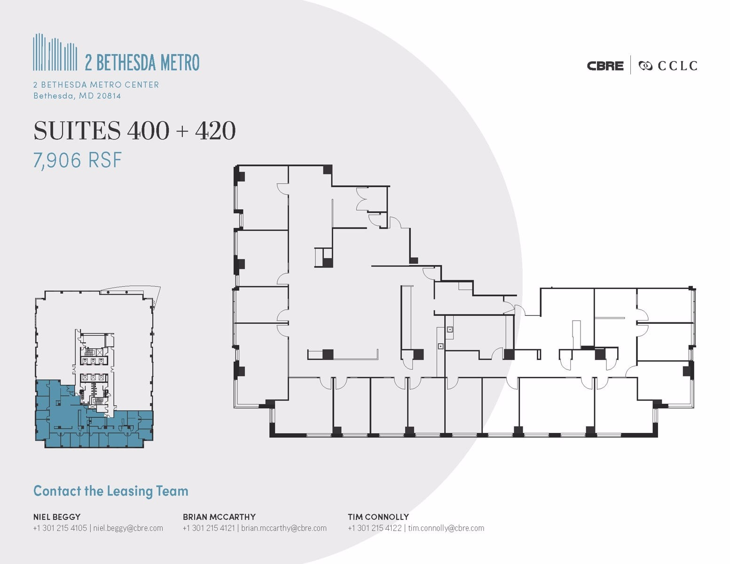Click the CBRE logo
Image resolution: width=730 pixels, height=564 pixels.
[x=605, y=66]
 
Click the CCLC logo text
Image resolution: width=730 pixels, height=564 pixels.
[x=677, y=66]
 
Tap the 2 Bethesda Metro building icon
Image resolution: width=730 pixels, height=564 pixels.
[x=55, y=52]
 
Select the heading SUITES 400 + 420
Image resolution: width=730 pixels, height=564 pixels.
[x=134, y=131]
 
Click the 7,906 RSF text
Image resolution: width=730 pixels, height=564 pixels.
[x=77, y=160]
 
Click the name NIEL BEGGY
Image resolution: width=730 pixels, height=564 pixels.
[x=56, y=517]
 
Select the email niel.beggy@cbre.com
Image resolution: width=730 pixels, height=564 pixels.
[x=128, y=528]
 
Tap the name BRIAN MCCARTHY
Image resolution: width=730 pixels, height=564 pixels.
[x=219, y=517]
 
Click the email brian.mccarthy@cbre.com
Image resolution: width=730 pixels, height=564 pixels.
[x=284, y=528]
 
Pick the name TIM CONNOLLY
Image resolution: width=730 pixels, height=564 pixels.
[x=378, y=517]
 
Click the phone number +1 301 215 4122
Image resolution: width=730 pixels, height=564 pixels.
[x=375, y=528]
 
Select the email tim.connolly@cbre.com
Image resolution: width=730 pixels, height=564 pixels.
[x=446, y=528]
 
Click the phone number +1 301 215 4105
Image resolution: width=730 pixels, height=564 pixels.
[x=60, y=528]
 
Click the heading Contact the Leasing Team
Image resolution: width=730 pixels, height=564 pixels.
[x=111, y=491]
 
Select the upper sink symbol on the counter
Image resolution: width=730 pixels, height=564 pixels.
[x=450, y=329]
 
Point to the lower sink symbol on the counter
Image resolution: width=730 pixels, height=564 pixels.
[x=440, y=346]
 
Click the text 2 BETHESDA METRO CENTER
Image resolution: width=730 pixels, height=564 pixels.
[x=96, y=85]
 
